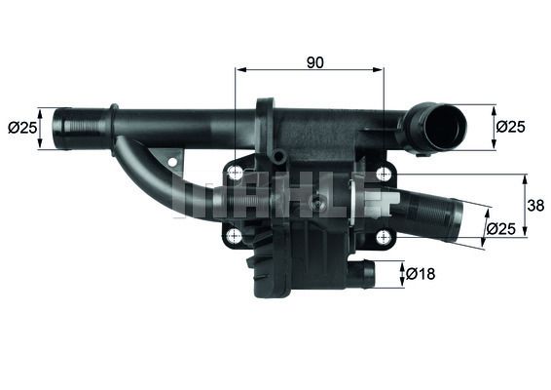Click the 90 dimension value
(x=313, y=61)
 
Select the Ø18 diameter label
(x=422, y=274)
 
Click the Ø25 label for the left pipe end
(x=21, y=127)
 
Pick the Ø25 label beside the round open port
(x=512, y=126)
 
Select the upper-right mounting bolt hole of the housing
(x=383, y=173)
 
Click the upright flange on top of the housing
(x=265, y=122)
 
